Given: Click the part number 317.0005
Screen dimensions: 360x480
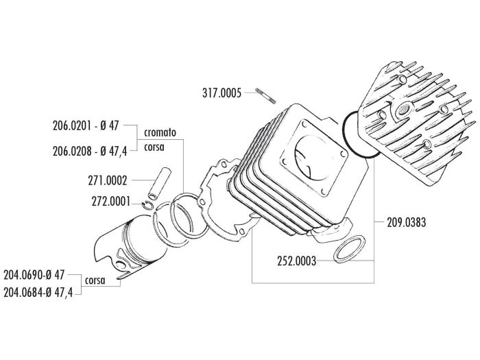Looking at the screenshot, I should [x=221, y=94].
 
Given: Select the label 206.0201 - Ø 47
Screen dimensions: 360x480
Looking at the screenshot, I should [x=86, y=126].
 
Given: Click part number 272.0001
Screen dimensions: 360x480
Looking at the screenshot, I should [x=109, y=202].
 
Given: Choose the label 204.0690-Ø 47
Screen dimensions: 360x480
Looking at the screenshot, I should [x=34, y=275].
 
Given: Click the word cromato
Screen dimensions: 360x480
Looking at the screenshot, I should [x=160, y=132].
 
